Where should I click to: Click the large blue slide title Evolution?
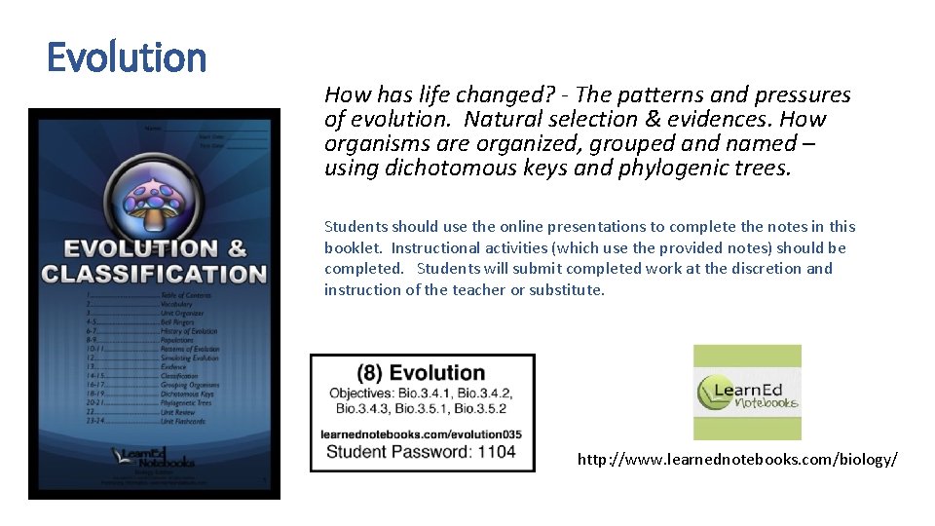click(x=127, y=57)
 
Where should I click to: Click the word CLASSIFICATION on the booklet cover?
click(x=154, y=274)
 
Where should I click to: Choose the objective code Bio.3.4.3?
click(x=361, y=408)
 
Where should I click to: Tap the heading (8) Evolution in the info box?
click(x=421, y=372)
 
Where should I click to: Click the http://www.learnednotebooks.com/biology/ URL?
click(x=737, y=458)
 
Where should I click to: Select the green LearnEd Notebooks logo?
click(x=747, y=393)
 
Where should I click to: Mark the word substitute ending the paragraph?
click(x=566, y=289)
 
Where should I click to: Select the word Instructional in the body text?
click(x=437, y=247)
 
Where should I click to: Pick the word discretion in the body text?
click(x=753, y=268)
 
